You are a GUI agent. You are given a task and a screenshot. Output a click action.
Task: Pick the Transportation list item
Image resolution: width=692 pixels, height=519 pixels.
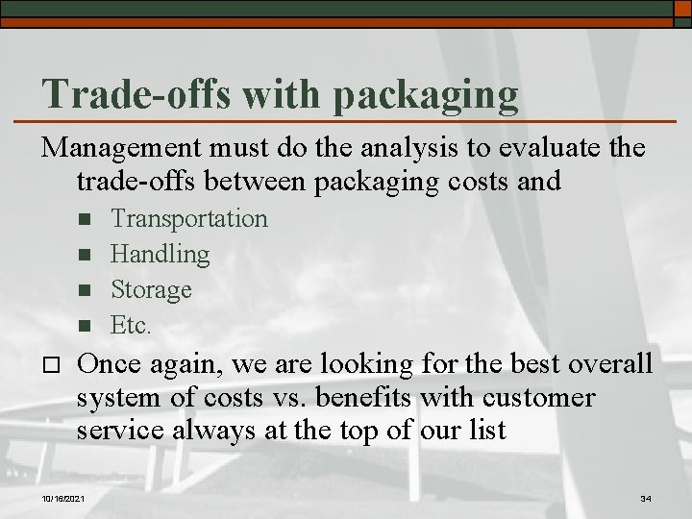pos(189,219)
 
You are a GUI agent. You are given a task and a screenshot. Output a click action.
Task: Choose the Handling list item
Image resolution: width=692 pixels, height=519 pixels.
pos(160,254)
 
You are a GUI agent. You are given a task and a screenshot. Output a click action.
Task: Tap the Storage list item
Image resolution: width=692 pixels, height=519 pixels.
pos(151,289)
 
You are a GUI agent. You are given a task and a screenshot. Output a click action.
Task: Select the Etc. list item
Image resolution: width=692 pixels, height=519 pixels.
pos(131,325)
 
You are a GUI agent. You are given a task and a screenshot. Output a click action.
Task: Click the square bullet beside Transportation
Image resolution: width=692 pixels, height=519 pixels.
pos(85,220)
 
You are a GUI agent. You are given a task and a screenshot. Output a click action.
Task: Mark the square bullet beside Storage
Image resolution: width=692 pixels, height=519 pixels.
pos(85,290)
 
